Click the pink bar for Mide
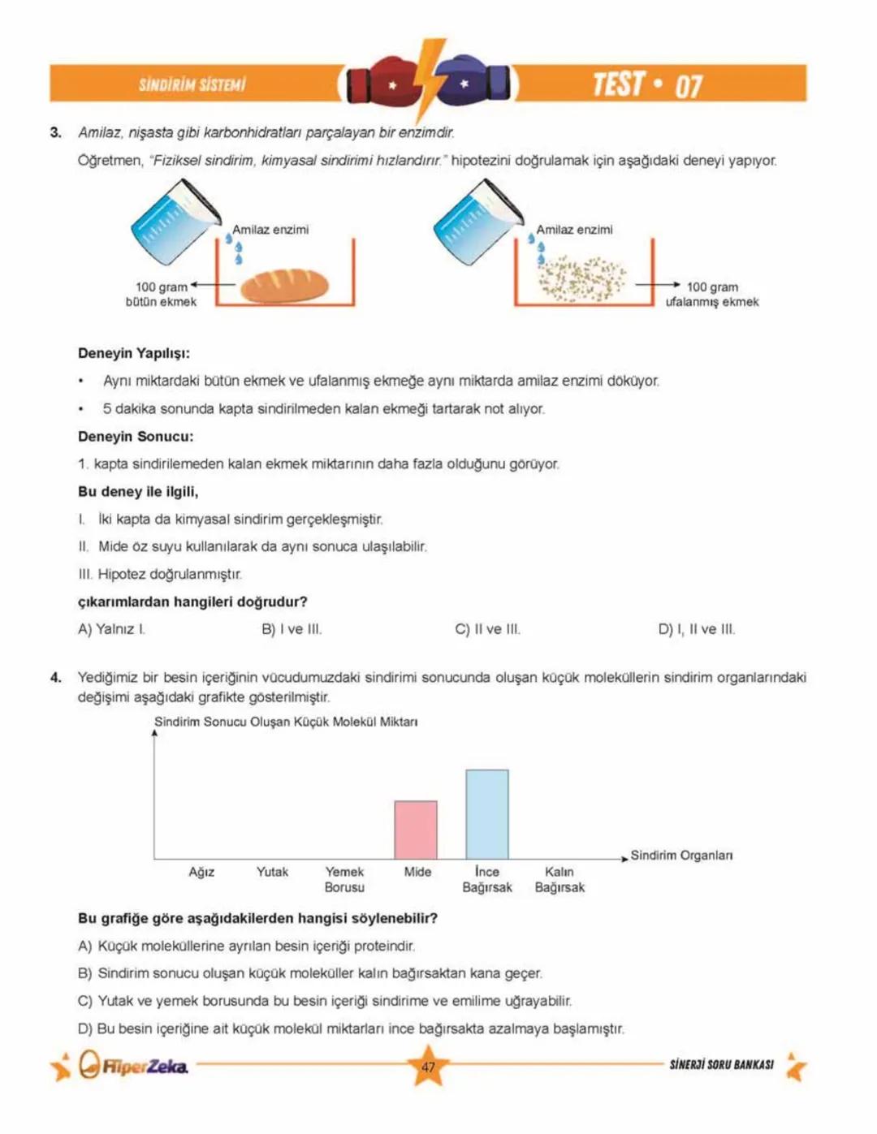(416, 830)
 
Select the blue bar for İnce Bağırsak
(487, 814)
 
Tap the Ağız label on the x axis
(201, 872)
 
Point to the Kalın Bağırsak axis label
(559, 880)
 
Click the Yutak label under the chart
(272, 872)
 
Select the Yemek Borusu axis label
(344, 880)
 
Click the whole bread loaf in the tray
(285, 285)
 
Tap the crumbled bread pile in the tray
(581, 278)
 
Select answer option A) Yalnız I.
(111, 629)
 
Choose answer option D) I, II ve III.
(696, 629)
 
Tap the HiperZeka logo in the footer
(135, 1066)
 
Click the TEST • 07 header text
(647, 84)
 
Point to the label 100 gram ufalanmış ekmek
(712, 295)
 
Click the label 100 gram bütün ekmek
(161, 295)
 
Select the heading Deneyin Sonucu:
(136, 437)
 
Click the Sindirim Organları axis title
(681, 856)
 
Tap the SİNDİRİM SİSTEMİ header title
(192, 84)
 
